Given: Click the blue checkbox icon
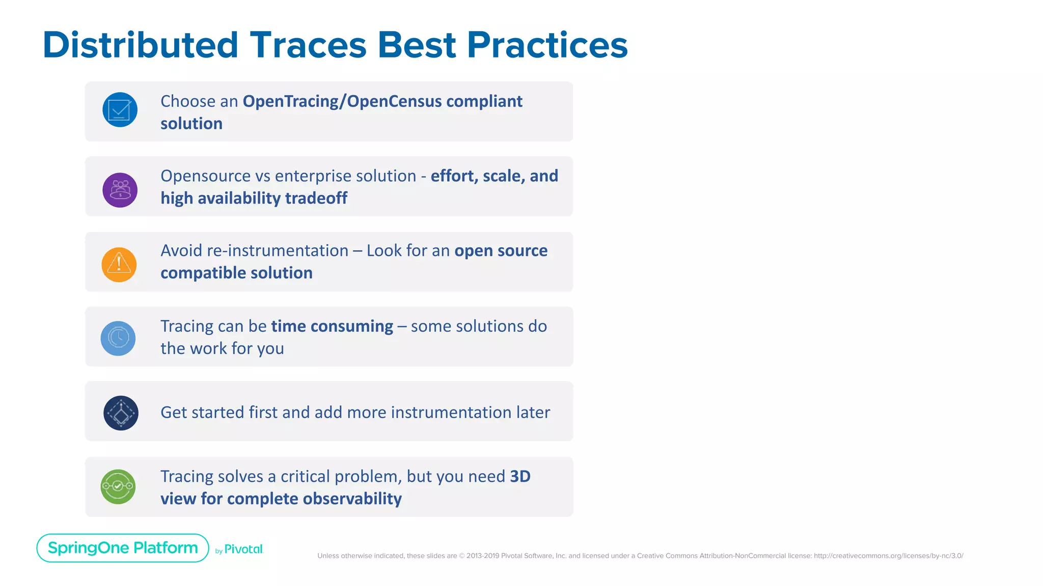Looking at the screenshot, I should [120, 110].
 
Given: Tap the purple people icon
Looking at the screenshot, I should [120, 190].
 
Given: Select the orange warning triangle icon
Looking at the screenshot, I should [119, 265].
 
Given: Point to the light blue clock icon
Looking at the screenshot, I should [118, 338].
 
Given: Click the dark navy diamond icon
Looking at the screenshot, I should [121, 413].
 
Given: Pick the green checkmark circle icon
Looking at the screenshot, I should [118, 487].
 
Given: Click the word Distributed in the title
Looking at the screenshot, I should [141, 45].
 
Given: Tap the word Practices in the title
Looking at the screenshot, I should [547, 45].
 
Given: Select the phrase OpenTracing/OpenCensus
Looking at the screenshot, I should [342, 101].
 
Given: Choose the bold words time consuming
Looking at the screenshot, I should [332, 326].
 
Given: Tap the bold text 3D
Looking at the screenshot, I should [520, 477].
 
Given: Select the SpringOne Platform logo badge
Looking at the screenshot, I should [123, 548].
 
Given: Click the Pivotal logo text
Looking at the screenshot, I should [243, 549].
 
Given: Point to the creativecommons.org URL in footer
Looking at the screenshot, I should [888, 556].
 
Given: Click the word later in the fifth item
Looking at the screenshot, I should [533, 413].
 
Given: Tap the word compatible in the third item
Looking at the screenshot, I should [203, 273].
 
